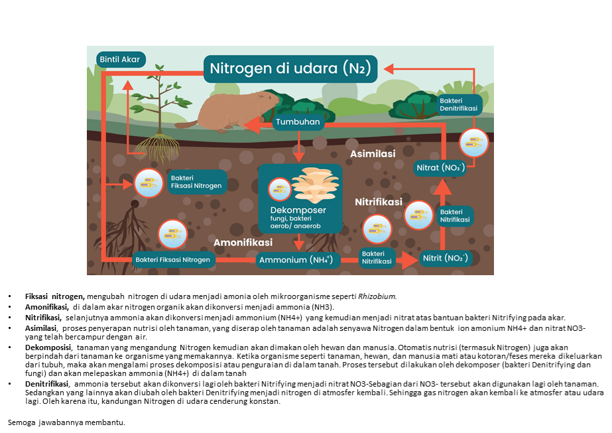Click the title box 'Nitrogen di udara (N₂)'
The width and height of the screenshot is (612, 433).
click(x=290, y=68)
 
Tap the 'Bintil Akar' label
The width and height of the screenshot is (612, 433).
click(x=119, y=59)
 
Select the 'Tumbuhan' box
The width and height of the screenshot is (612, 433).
click(x=298, y=121)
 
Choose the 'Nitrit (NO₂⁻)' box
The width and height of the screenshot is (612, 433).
click(x=445, y=258)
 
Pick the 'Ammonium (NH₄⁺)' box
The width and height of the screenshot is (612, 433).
click(x=298, y=259)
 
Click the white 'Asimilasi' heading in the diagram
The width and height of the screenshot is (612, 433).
click(x=373, y=154)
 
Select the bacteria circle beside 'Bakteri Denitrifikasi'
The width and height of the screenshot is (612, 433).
click(x=473, y=143)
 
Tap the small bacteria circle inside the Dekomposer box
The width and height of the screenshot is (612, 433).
click(x=278, y=190)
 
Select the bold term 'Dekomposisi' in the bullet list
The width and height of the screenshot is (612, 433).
click(x=48, y=347)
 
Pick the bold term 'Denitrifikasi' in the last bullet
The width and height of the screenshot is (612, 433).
click(x=46, y=384)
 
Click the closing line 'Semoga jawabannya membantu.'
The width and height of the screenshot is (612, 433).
click(x=66, y=422)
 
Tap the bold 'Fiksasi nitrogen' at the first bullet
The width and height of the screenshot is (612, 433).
click(x=54, y=296)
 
